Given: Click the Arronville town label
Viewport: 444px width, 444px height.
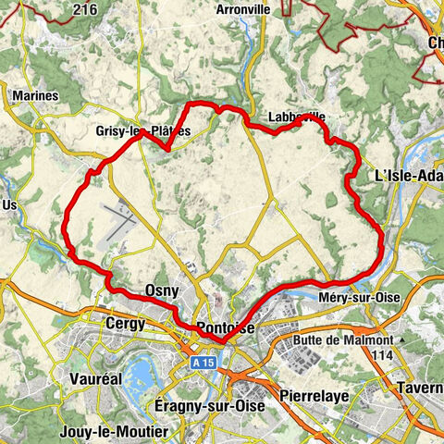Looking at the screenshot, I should point(241,9).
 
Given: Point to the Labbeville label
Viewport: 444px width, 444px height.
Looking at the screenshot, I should point(296,118).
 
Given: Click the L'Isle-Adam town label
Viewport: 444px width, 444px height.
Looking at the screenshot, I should point(409,175).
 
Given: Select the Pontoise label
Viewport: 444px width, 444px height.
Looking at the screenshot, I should point(225,328).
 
